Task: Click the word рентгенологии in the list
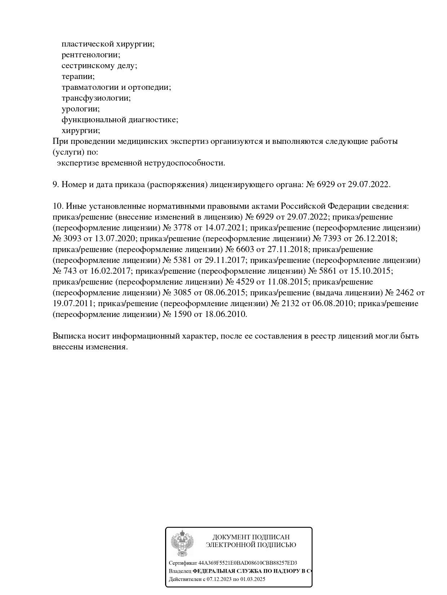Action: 91,55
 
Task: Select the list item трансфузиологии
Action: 96,98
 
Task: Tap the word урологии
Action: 80,109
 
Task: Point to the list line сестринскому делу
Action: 99,66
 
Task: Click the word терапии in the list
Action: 78,76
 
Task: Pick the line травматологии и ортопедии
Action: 116,87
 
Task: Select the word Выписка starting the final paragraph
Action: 68,336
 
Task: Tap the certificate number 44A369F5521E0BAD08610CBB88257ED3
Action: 248,563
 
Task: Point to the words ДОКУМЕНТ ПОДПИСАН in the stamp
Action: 251,537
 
